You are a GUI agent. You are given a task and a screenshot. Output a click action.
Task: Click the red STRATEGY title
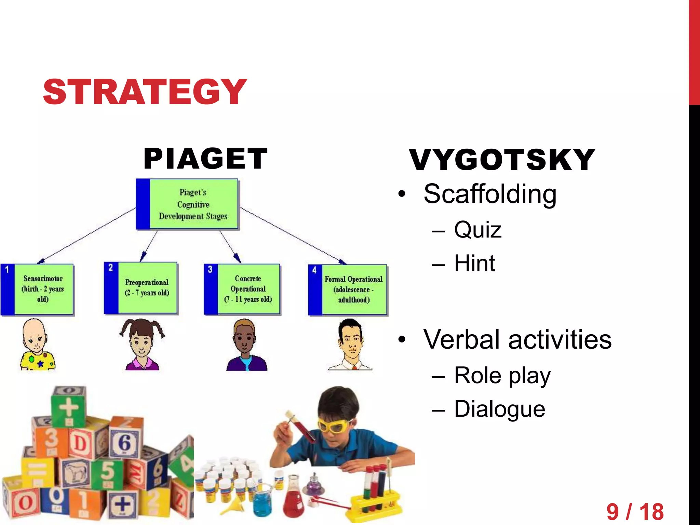click(x=145, y=91)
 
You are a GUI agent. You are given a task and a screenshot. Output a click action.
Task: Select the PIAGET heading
click(x=205, y=159)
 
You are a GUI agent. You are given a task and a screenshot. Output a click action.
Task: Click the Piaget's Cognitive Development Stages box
click(x=187, y=204)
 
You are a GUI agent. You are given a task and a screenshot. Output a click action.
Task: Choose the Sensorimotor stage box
click(x=37, y=289)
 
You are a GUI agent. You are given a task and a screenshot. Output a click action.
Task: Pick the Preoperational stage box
click(x=141, y=288)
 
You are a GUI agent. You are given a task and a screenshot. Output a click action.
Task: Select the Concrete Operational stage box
click(x=242, y=289)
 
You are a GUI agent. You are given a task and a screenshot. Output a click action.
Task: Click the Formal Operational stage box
click(x=348, y=290)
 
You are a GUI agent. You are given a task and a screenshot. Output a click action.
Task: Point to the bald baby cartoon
click(x=36, y=345)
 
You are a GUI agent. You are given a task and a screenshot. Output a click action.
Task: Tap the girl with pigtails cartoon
click(x=142, y=345)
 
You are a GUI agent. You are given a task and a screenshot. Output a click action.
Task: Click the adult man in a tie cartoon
click(x=350, y=345)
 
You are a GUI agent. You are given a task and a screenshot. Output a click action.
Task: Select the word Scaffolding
click(x=490, y=194)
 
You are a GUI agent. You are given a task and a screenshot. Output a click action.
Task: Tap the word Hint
click(x=474, y=263)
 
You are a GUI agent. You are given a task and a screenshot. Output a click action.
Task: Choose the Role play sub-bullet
click(x=502, y=376)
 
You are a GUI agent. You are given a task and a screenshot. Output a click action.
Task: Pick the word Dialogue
click(x=499, y=409)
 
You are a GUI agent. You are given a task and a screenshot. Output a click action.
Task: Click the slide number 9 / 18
click(x=635, y=512)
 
